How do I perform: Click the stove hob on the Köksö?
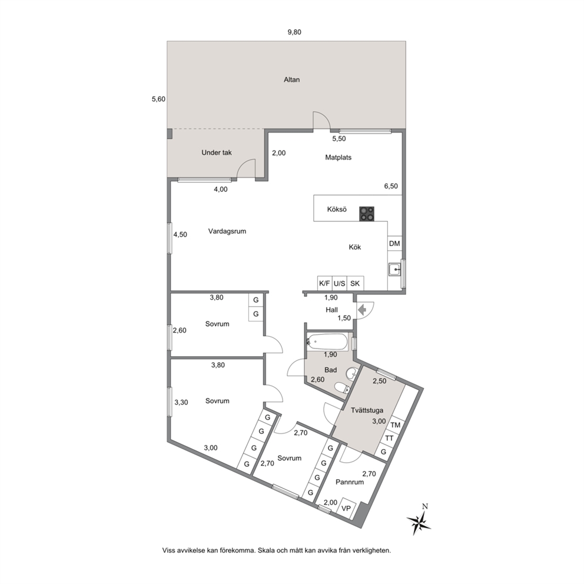coord(367,214)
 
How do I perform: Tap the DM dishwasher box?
coord(394,243)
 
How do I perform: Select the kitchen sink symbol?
coord(394,269)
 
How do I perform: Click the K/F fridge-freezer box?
coord(324,283)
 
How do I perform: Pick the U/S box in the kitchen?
coord(339,283)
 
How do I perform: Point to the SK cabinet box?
coord(355,283)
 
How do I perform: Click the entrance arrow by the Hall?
coord(361,310)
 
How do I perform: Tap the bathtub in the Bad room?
coord(327,341)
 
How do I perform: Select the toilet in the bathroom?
coord(341,389)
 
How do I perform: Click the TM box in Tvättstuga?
coord(395,425)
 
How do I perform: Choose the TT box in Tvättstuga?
coord(389,439)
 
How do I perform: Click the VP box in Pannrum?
coord(346,507)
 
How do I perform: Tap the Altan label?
coord(291,79)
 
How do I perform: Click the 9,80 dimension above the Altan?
coord(294,32)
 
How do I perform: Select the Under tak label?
coord(217,152)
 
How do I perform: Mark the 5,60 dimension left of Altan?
coord(159,99)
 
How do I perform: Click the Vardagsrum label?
coord(227,231)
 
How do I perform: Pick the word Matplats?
coord(338,158)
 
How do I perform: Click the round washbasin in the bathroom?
coord(352,373)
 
